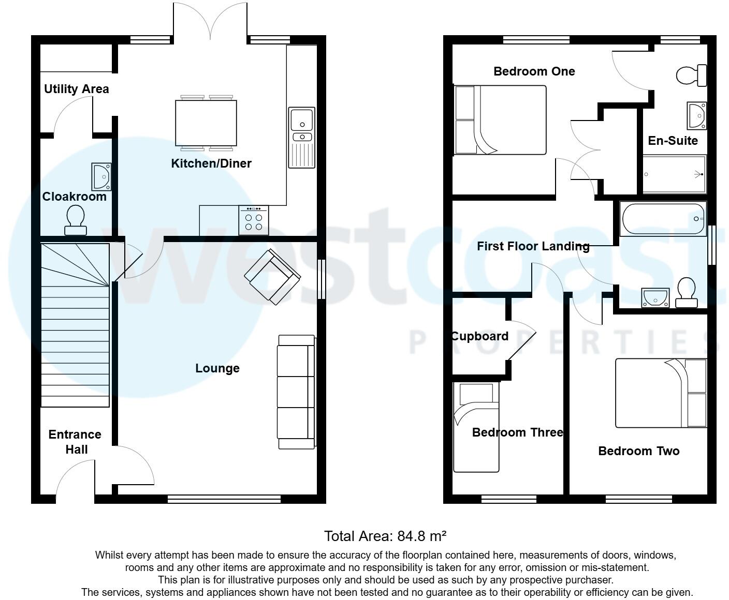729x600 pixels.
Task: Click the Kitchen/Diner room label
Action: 211,163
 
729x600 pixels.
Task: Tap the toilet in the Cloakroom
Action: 75,219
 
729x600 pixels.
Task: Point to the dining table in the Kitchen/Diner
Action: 206,123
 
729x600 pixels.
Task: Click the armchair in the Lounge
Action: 272,276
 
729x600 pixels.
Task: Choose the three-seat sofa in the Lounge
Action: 296,392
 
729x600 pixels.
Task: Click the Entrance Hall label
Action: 75,442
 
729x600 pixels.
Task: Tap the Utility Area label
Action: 77,89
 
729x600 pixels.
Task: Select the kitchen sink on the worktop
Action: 301,138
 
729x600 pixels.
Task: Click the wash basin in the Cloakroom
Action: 101,176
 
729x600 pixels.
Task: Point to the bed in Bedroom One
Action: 500,120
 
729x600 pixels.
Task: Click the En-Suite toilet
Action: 692,76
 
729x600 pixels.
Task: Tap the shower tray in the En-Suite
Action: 674,174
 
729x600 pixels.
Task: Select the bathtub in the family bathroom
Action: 663,219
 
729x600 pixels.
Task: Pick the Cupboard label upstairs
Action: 479,336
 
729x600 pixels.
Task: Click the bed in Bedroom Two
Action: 661,393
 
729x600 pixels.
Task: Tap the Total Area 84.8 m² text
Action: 385,536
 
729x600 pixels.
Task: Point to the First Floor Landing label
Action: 533,246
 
